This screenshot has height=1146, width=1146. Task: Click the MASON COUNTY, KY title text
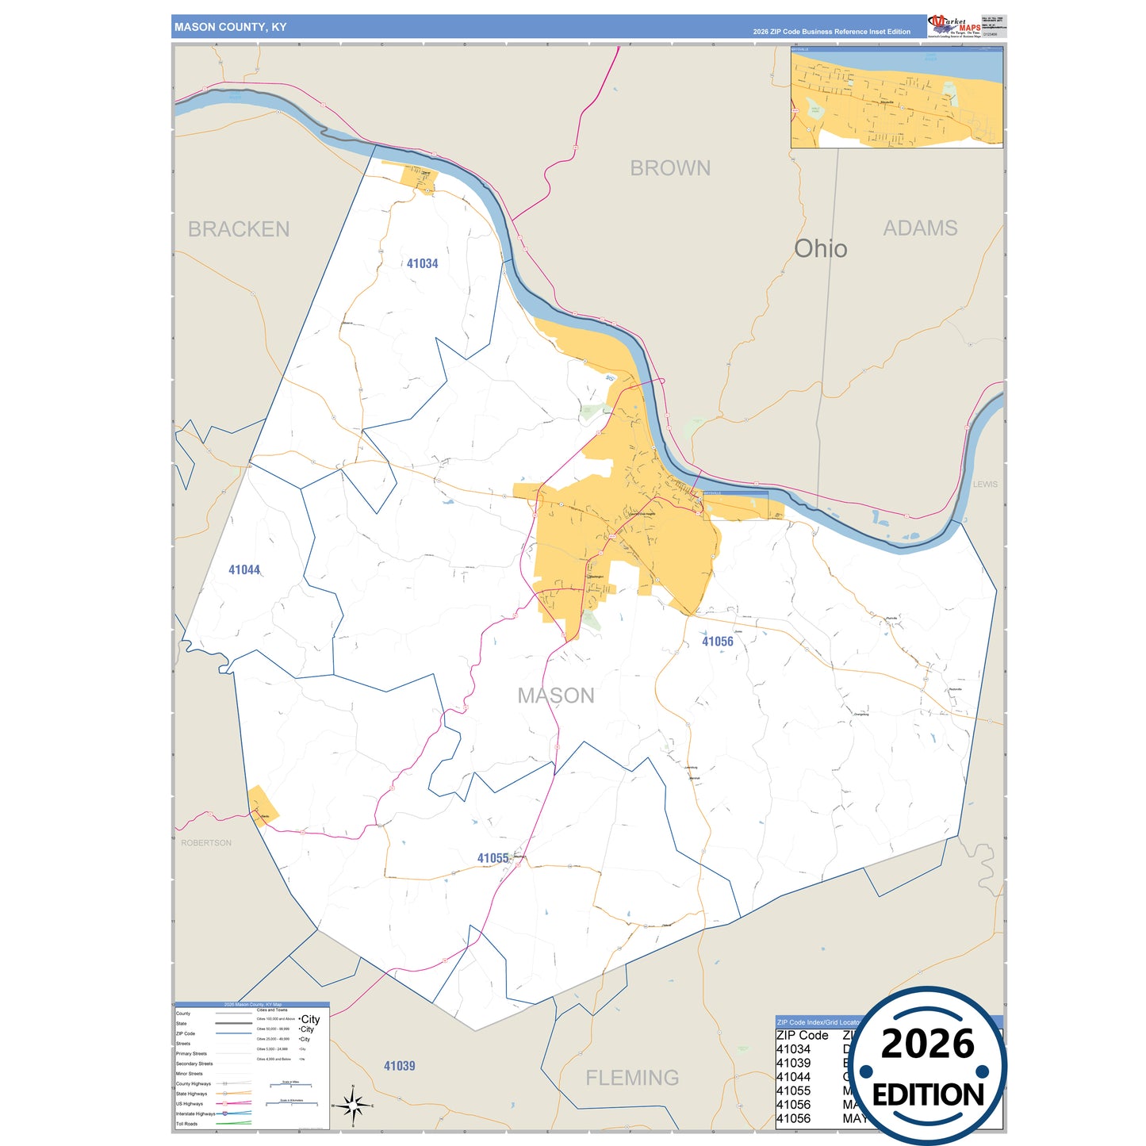point(230,27)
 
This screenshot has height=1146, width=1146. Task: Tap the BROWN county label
point(670,168)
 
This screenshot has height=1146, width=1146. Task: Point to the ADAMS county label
point(920,228)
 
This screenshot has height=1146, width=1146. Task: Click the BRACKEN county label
point(239,229)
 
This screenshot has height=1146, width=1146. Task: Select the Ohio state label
point(821,249)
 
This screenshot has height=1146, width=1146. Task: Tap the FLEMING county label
point(632,1078)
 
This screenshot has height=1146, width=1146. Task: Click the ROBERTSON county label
point(206,843)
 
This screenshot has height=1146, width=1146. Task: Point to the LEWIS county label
point(985,484)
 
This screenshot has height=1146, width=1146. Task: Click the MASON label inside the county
point(556,696)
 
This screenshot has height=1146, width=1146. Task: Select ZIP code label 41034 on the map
point(422,263)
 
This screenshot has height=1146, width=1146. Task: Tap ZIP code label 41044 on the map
point(244,569)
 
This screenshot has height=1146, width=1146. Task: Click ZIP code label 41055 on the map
point(493,858)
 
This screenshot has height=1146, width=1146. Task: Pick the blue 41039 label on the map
point(399,1066)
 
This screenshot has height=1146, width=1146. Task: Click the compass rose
point(353,1105)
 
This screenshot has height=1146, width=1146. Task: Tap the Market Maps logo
point(954,26)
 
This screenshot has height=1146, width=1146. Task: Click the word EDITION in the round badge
point(928,1095)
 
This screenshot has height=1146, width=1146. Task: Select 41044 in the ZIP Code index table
point(793,1077)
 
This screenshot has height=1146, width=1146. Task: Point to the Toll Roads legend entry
point(187,1124)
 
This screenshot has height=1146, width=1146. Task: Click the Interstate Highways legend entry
point(195,1113)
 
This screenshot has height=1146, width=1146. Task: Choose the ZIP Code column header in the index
point(802,1035)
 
